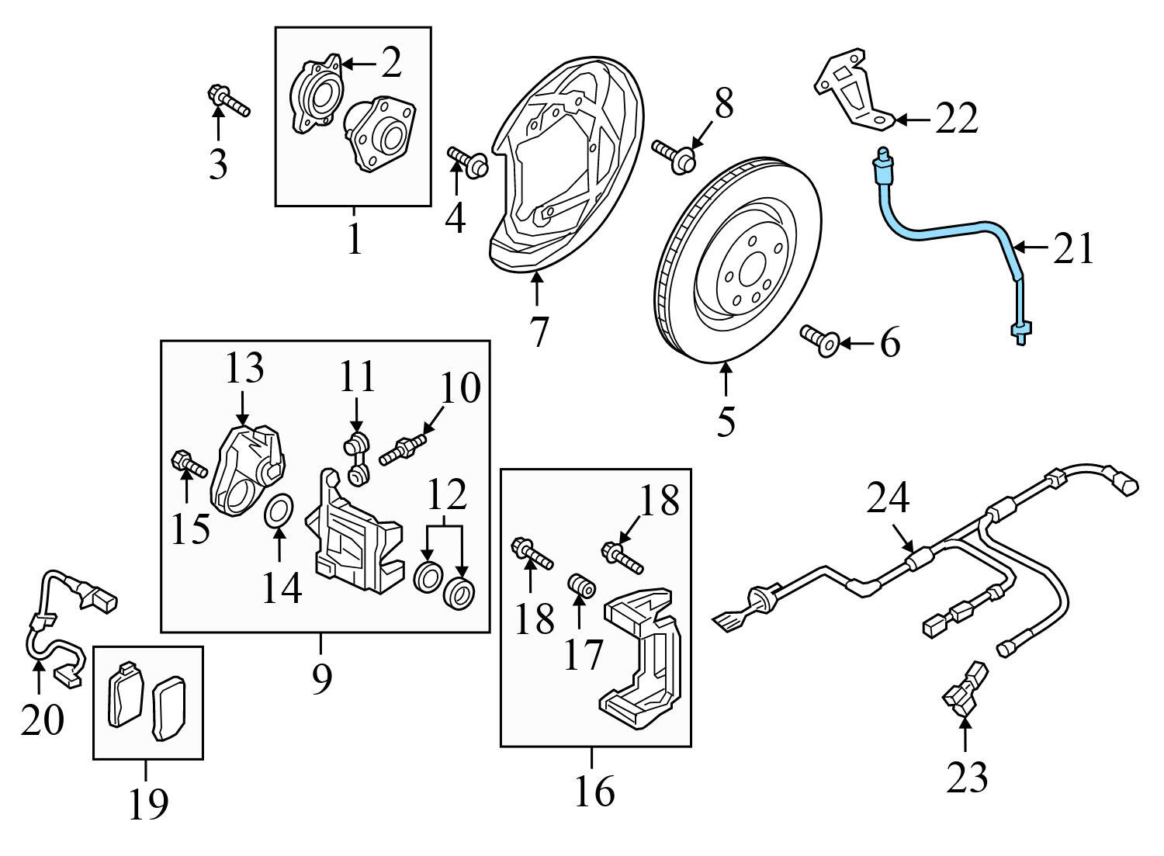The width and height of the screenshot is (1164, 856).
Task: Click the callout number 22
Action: (x=956, y=120)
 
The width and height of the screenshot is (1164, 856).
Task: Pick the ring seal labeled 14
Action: (x=279, y=514)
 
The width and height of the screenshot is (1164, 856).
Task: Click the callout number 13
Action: (x=244, y=369)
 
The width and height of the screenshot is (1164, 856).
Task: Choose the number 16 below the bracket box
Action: (x=594, y=791)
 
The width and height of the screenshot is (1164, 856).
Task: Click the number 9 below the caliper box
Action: (x=321, y=679)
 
